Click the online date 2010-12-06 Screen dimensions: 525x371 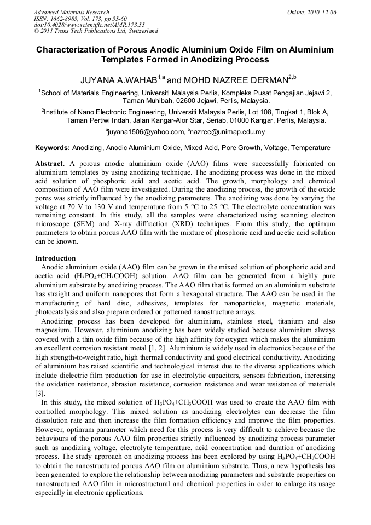pyautogui.click(x=321, y=12)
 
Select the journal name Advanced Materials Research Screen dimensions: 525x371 pyautogui.click(x=72, y=12)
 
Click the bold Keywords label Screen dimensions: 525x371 pyautogui.click(x=53, y=148)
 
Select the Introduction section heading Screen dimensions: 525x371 pyautogui.click(x=55, y=258)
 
